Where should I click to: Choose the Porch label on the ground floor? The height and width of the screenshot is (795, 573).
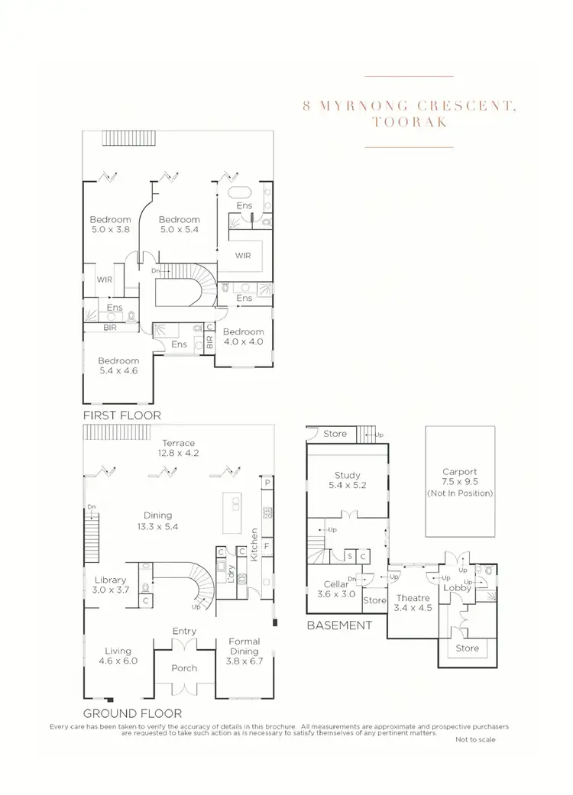(183, 668)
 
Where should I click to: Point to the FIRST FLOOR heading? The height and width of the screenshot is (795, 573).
(121, 415)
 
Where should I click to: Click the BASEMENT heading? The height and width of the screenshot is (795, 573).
(338, 625)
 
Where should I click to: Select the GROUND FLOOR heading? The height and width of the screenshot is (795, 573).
(131, 713)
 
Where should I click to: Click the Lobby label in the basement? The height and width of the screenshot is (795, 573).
(457, 587)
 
